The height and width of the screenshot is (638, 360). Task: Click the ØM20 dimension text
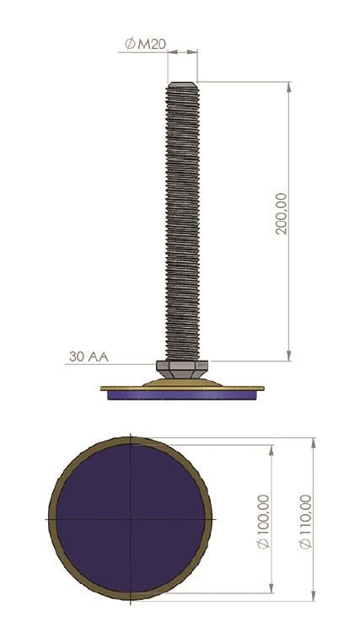click(x=145, y=44)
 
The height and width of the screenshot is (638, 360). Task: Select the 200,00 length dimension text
click(x=282, y=212)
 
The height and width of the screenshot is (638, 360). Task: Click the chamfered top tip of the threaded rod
click(x=182, y=85)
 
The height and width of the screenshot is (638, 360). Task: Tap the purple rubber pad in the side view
click(x=182, y=394)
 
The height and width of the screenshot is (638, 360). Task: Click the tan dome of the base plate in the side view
click(x=182, y=382)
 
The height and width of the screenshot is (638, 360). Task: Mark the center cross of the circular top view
click(x=131, y=518)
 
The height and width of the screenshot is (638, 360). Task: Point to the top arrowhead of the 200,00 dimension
click(x=289, y=85)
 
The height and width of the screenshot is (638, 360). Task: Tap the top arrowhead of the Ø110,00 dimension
click(x=314, y=441)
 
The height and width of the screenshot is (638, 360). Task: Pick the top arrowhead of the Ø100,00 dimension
click(x=271, y=448)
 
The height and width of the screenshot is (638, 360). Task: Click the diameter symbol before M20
click(x=130, y=44)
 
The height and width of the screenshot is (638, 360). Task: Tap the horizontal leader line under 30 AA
click(x=110, y=364)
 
